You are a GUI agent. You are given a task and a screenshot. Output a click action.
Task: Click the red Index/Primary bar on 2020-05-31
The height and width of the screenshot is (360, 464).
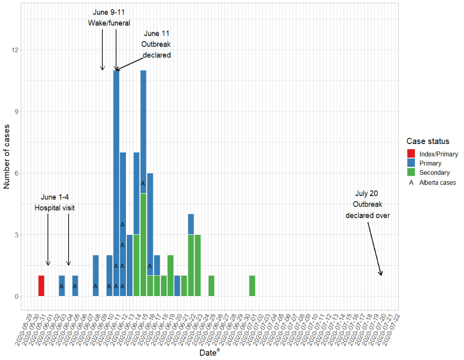41,286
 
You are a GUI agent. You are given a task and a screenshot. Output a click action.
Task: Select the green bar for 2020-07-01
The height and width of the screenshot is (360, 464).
252,286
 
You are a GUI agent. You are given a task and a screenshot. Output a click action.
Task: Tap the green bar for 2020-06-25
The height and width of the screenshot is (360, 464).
211,286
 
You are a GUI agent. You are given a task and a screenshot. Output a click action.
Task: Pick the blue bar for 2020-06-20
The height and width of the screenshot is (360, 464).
177,286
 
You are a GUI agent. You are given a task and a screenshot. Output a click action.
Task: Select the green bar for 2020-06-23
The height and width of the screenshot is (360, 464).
197,265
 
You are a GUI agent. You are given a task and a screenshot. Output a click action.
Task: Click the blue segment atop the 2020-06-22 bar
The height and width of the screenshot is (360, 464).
191,224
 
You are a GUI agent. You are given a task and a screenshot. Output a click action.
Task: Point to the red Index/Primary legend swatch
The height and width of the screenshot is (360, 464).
410,154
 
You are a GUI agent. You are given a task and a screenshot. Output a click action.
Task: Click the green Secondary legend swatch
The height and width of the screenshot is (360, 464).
410,172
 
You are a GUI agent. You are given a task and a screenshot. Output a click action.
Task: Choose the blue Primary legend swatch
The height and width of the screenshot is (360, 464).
410,163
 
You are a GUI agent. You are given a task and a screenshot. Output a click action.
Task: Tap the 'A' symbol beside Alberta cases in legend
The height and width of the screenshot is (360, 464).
410,182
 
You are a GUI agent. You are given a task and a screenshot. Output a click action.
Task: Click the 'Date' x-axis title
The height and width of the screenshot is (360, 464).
208,353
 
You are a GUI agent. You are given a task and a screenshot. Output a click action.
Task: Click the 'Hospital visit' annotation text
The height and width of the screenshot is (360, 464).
54,207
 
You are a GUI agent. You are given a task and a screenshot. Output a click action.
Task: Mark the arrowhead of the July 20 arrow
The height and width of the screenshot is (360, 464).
381,274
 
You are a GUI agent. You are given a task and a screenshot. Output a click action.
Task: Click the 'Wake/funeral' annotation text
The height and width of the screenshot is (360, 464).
109,23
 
